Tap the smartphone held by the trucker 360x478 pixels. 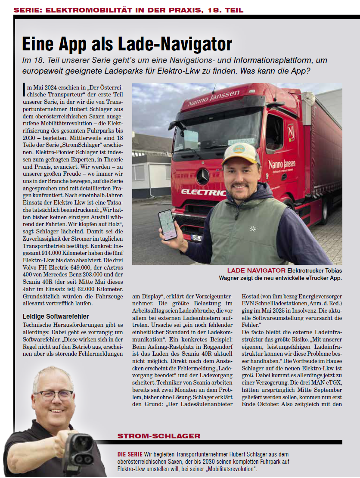[167, 224]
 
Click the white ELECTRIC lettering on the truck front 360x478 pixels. [202, 192]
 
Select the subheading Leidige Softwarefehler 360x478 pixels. [56, 317]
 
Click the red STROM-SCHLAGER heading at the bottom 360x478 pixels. [159, 436]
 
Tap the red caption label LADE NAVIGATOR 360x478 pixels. [256, 270]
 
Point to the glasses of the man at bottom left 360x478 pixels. [53, 395]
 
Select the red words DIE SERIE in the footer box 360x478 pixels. [130, 454]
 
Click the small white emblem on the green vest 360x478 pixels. [253, 229]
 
